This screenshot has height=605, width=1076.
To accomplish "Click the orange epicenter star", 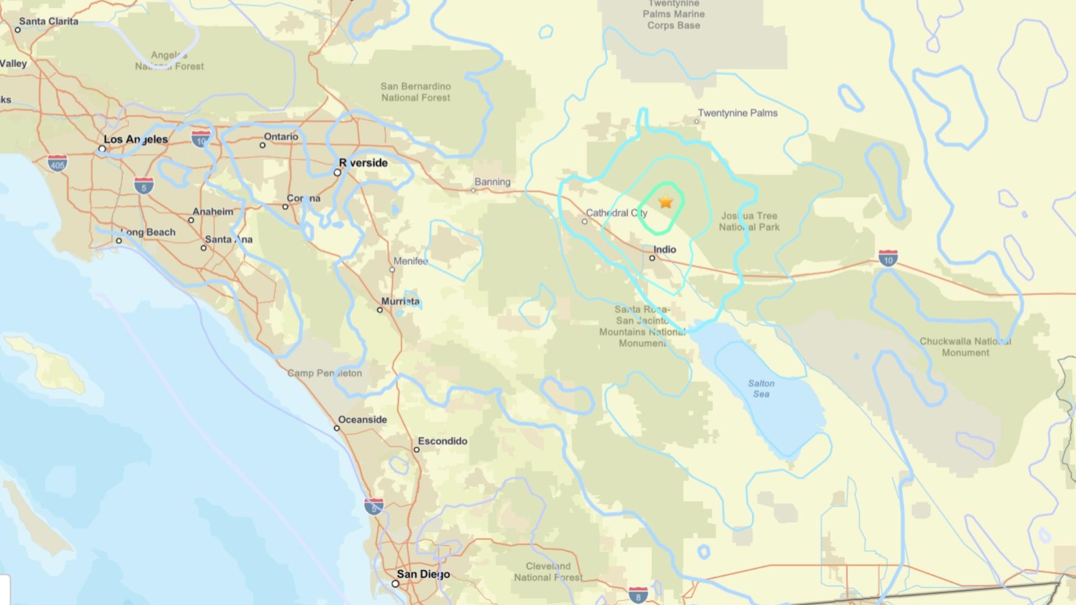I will click(665, 202).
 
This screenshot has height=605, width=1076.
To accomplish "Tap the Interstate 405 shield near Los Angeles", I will click(57, 163).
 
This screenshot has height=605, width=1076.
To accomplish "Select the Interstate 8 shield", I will click(638, 595).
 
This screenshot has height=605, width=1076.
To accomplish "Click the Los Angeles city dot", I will click(102, 149).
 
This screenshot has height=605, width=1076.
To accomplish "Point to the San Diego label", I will click(423, 574).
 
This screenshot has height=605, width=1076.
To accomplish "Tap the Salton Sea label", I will click(761, 389).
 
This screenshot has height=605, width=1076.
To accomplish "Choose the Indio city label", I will click(665, 249).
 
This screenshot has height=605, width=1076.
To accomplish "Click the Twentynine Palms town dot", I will click(697, 122).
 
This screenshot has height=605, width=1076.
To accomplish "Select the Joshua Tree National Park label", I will click(749, 221).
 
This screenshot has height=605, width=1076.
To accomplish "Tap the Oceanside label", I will click(363, 420).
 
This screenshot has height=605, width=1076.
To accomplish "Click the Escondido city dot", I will click(416, 450).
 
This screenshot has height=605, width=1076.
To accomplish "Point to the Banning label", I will click(492, 182).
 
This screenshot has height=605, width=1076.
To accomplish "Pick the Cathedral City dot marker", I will click(585, 222).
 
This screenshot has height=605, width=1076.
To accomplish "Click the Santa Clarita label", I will click(49, 21).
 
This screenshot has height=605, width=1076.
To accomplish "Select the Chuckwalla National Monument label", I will click(965, 347).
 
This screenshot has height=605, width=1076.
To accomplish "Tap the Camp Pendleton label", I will click(324, 373).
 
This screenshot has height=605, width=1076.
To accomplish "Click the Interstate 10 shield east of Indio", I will click(888, 258).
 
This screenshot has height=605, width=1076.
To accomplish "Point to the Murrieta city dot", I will click(379, 310).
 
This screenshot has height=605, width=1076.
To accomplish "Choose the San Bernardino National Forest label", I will click(415, 92).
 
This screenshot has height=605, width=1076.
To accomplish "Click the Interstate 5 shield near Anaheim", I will click(143, 185).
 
